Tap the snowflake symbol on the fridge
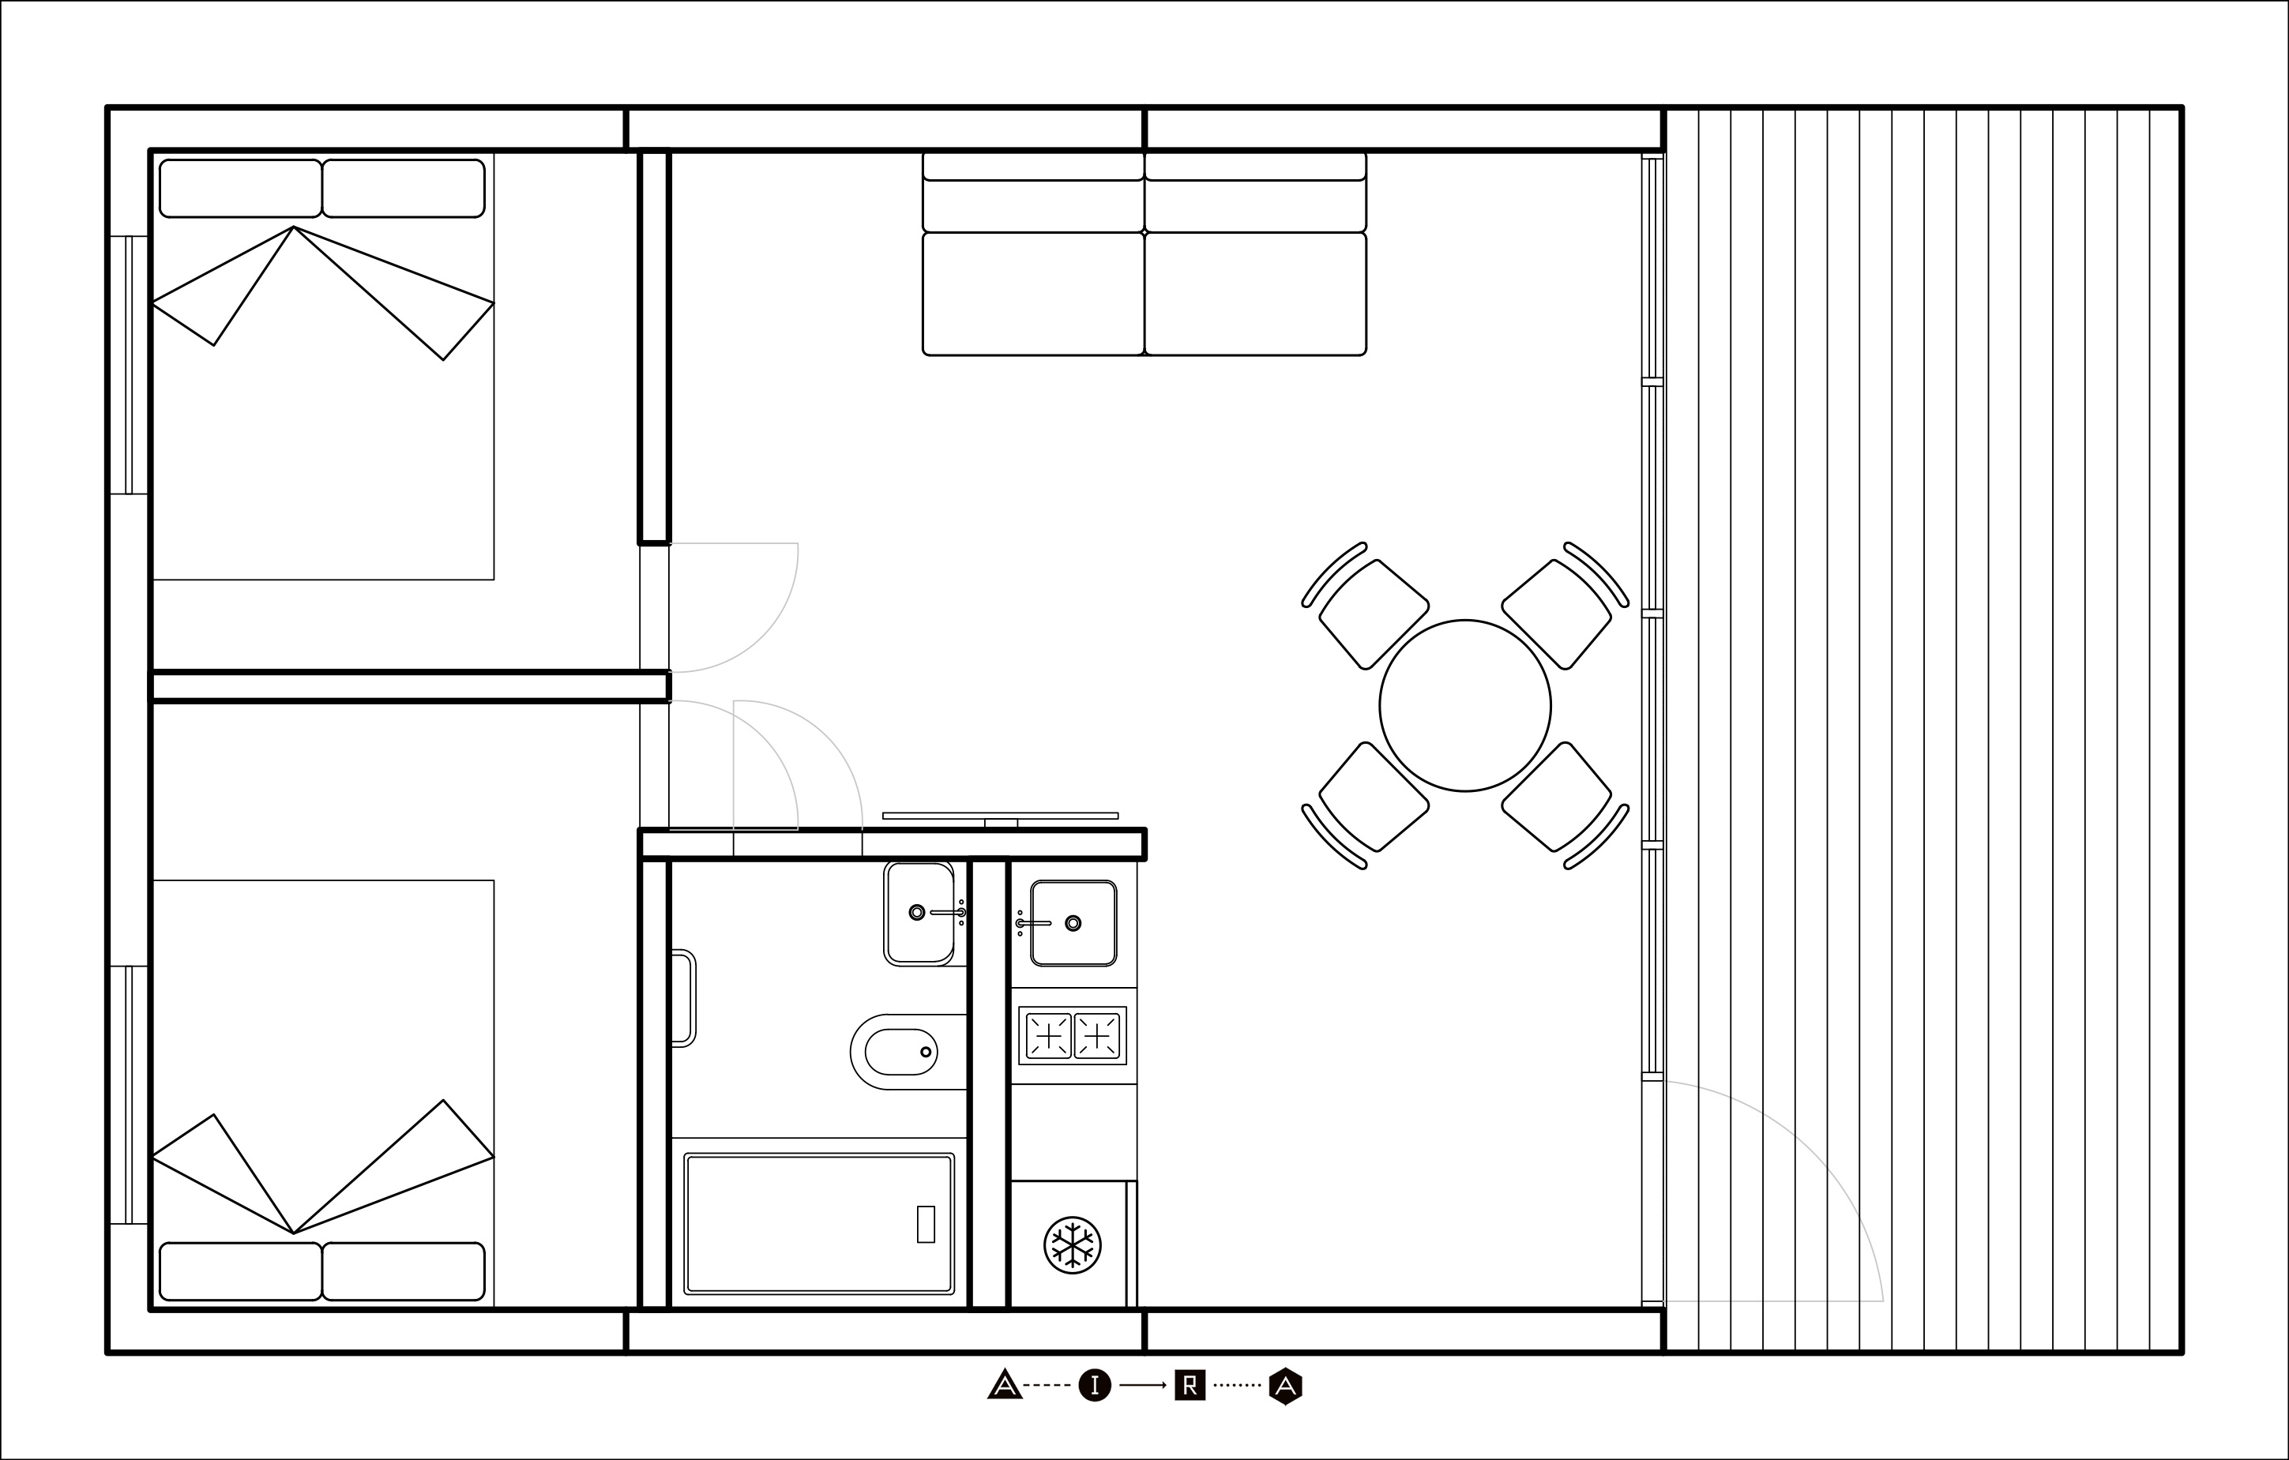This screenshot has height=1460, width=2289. [1073, 1244]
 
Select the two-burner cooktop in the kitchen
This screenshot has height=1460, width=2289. [1073, 1035]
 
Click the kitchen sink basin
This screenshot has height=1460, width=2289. [1073, 923]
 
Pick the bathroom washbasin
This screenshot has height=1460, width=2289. [919, 914]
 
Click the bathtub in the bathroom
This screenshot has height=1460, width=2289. [818, 1223]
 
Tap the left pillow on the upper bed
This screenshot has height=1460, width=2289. [240, 188]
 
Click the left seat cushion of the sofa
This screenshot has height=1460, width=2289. [1033, 294]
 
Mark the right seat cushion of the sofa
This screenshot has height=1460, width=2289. [1256, 294]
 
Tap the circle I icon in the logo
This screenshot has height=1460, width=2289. [1095, 1386]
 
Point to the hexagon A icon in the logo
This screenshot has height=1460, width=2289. [1285, 1386]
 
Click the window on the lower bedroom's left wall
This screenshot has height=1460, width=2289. [130, 1095]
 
